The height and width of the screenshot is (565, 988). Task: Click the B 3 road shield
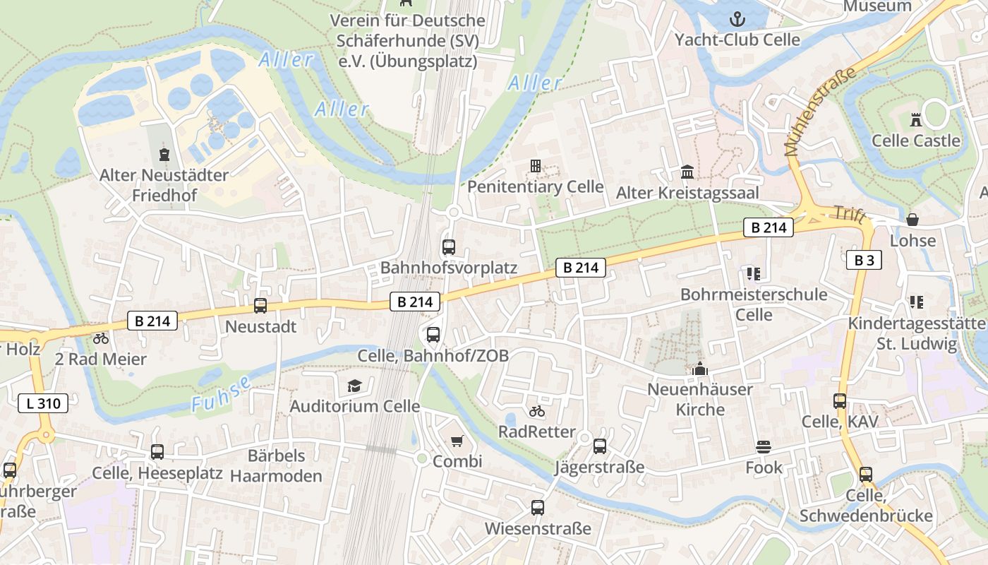[x=864, y=260]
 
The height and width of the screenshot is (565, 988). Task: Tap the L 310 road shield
[x=43, y=404]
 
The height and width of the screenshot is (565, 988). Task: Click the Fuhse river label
[x=222, y=394]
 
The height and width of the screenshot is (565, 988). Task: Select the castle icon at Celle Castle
[x=916, y=119]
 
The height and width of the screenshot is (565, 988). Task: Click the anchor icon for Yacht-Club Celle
[x=737, y=18]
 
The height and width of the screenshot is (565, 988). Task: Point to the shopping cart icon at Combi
[x=457, y=441]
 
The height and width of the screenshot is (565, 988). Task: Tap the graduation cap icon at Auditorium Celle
[x=354, y=386]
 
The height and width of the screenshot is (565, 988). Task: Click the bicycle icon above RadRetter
[x=537, y=411]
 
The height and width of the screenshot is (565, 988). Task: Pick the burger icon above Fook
[x=764, y=446]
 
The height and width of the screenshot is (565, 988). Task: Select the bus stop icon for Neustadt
[x=260, y=306]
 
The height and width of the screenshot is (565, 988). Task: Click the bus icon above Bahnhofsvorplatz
[x=449, y=247]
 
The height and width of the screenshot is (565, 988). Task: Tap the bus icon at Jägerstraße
[x=600, y=446]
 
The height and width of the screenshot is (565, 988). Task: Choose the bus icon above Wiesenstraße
[x=538, y=507]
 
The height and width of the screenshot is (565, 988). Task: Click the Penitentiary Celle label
[x=536, y=186]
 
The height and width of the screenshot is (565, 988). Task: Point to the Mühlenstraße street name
[x=819, y=112]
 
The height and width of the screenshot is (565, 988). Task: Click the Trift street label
[x=848, y=215]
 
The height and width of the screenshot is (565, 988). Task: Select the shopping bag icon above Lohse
[x=912, y=220]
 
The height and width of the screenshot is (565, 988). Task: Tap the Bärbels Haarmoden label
[x=276, y=465]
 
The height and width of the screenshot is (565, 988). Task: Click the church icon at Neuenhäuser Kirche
[x=700, y=369]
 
